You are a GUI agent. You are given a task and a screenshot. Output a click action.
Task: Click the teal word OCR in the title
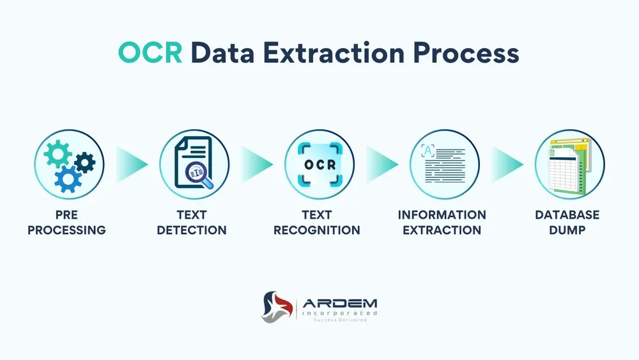click(151, 53)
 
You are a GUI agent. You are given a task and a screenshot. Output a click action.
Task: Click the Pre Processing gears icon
click(69, 164)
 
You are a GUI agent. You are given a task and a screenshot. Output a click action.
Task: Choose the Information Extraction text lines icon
click(444, 164)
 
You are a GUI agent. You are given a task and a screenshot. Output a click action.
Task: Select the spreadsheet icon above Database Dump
click(569, 164)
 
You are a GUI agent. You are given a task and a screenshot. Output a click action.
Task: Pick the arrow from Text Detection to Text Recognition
click(256, 164)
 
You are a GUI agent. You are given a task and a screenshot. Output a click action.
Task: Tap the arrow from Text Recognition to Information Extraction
click(382, 164)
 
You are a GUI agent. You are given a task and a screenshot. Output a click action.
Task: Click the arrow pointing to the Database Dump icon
click(507, 164)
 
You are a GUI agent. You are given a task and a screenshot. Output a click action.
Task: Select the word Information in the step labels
click(442, 215)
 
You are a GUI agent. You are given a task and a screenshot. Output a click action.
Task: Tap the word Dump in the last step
click(567, 230)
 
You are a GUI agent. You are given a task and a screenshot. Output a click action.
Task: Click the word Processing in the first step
click(66, 230)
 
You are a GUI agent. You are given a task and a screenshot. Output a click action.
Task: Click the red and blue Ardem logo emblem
click(277, 307)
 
